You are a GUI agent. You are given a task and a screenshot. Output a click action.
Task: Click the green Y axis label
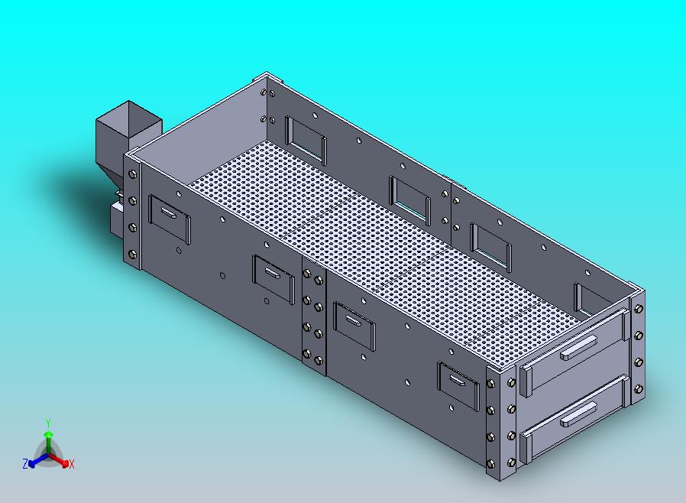(x=48, y=423)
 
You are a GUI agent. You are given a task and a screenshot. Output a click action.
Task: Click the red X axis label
(x=72, y=465)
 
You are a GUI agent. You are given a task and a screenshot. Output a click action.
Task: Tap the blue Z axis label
(x=25, y=463)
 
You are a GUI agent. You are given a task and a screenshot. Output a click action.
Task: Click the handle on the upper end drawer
(x=578, y=347)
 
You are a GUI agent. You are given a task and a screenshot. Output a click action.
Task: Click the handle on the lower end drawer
(x=578, y=414)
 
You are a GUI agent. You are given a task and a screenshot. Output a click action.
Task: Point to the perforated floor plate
(x=385, y=249)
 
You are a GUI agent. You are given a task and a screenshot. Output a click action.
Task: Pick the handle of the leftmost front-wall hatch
(x=169, y=213)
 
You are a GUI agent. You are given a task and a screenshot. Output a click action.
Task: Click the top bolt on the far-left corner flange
(x=133, y=174)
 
